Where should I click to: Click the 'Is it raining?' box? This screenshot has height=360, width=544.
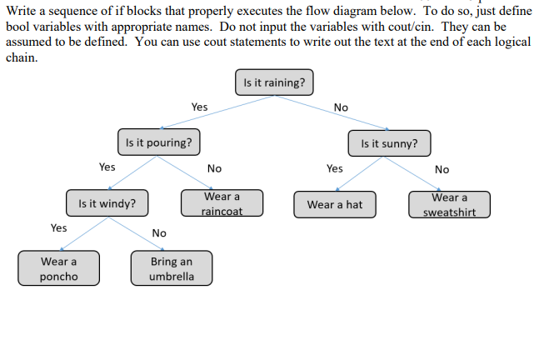click(275, 82)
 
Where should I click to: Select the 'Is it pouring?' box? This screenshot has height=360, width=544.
click(158, 142)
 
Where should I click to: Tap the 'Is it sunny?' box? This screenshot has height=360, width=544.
click(389, 143)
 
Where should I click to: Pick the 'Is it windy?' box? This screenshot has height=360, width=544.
click(107, 202)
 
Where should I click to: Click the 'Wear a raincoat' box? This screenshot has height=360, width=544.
click(222, 203)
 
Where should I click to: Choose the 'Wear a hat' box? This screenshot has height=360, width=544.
click(335, 204)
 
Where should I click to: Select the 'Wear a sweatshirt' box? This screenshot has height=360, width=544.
click(449, 204)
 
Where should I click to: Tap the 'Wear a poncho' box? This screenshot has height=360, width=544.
click(58, 268)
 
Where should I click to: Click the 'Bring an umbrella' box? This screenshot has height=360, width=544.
click(172, 268)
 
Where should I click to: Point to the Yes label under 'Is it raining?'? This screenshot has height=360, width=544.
click(199, 107)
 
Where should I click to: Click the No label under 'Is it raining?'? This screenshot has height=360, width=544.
click(341, 107)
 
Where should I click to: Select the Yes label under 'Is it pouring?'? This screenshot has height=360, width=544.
click(107, 167)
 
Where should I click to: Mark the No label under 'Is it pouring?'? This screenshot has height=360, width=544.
click(214, 168)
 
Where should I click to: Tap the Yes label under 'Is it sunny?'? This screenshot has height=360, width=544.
click(334, 168)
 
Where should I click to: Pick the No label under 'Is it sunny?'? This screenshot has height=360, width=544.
click(442, 169)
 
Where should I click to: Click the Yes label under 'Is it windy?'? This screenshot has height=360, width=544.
click(58, 227)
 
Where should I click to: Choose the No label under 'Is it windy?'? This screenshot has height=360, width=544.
click(159, 233)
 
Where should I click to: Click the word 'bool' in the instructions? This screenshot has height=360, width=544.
click(18, 27)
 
